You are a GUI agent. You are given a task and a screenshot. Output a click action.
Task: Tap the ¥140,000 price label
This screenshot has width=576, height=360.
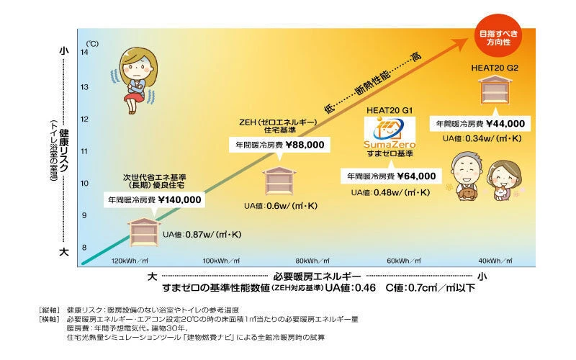[x=154, y=199]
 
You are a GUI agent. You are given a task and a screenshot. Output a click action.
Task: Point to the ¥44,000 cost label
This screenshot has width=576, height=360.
[x=480, y=124]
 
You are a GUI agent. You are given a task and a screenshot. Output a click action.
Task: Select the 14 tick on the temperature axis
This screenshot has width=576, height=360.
[x=84, y=52]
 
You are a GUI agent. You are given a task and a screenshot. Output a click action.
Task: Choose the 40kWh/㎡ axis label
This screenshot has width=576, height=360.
[x=496, y=261]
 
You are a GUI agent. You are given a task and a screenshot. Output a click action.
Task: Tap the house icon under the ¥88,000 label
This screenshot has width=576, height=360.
[x=276, y=180]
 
